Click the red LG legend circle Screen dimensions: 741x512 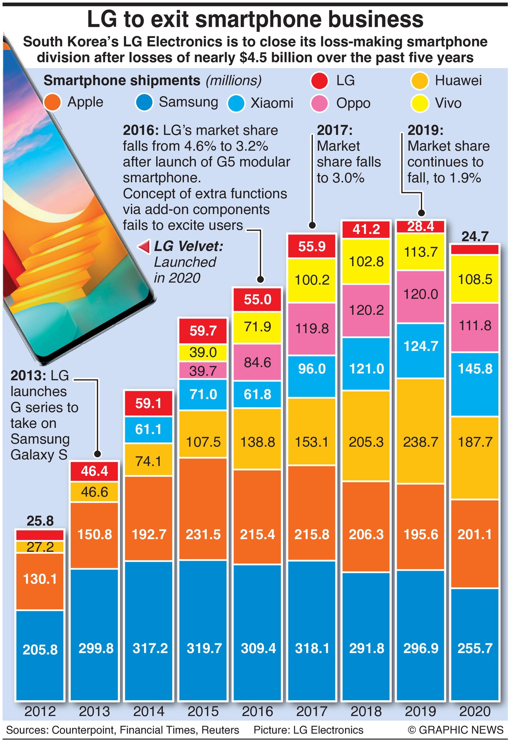(x=320, y=81)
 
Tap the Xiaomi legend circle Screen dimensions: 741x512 (x=236, y=104)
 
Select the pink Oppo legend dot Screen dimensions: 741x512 (x=320, y=104)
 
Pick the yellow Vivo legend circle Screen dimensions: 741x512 (x=420, y=104)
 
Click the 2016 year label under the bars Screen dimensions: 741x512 (x=258, y=711)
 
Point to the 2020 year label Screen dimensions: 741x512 (x=475, y=711)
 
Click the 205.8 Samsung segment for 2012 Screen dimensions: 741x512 (x=40, y=649)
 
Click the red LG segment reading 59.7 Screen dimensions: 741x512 (x=203, y=331)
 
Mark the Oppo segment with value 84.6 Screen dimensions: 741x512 (x=258, y=363)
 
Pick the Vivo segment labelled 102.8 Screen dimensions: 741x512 (x=366, y=262)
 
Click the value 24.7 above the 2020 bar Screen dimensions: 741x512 (x=475, y=237)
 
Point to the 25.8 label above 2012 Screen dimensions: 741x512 (x=40, y=521)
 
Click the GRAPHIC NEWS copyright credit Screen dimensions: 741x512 (x=456, y=730)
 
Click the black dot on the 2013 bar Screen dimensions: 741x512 (x=97, y=454)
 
